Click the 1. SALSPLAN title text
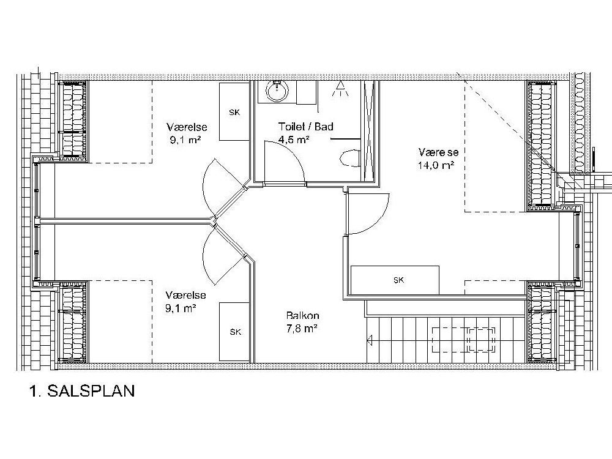pos(82,390)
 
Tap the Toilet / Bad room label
pos(305,127)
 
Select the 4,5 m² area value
pos(294,140)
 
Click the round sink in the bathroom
pos(277,91)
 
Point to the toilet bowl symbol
pos(350,159)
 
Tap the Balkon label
pos(302,315)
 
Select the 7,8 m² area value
pos(301,329)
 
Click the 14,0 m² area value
pos(436,165)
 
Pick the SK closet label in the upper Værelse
pos(234,113)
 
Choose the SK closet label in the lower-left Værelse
pos(236,332)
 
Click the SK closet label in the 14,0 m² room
pos(398,280)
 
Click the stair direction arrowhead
pos(369,340)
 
